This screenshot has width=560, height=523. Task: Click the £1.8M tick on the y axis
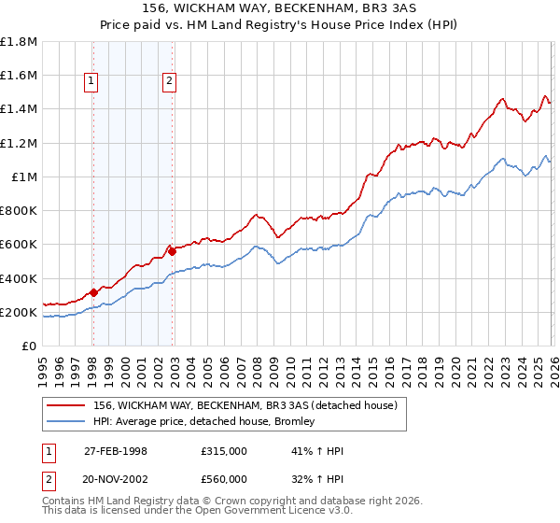(20, 41)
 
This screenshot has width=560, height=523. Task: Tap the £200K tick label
(20, 312)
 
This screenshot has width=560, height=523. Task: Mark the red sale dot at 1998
(94, 292)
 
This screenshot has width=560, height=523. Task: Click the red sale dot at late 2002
(173, 251)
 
